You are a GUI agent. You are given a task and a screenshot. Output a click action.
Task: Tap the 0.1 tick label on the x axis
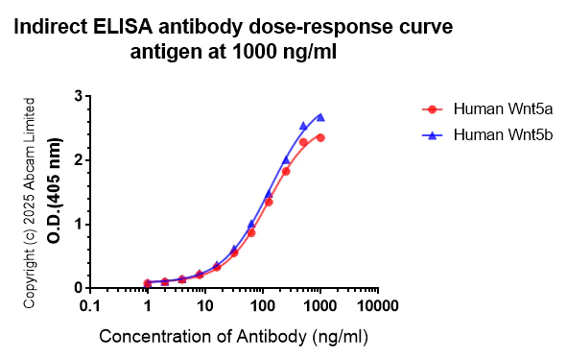[90, 306]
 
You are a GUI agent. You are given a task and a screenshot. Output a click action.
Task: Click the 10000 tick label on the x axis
[377, 306]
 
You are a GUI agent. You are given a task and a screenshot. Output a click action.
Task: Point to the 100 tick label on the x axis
[262, 306]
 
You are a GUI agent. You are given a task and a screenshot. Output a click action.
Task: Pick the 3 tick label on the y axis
[77, 96]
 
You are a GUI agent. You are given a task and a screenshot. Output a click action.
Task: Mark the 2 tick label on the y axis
[77, 160]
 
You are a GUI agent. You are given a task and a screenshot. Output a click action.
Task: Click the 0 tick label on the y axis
[77, 288]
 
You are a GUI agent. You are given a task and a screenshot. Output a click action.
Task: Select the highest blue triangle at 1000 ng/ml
[320, 117]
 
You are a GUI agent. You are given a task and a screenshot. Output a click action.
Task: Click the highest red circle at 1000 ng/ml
[320, 137]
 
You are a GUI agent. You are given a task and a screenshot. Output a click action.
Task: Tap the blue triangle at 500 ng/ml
[303, 126]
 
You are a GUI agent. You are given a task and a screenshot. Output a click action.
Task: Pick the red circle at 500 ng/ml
[303, 142]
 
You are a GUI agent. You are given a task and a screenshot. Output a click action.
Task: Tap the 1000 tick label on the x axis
[319, 306]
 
